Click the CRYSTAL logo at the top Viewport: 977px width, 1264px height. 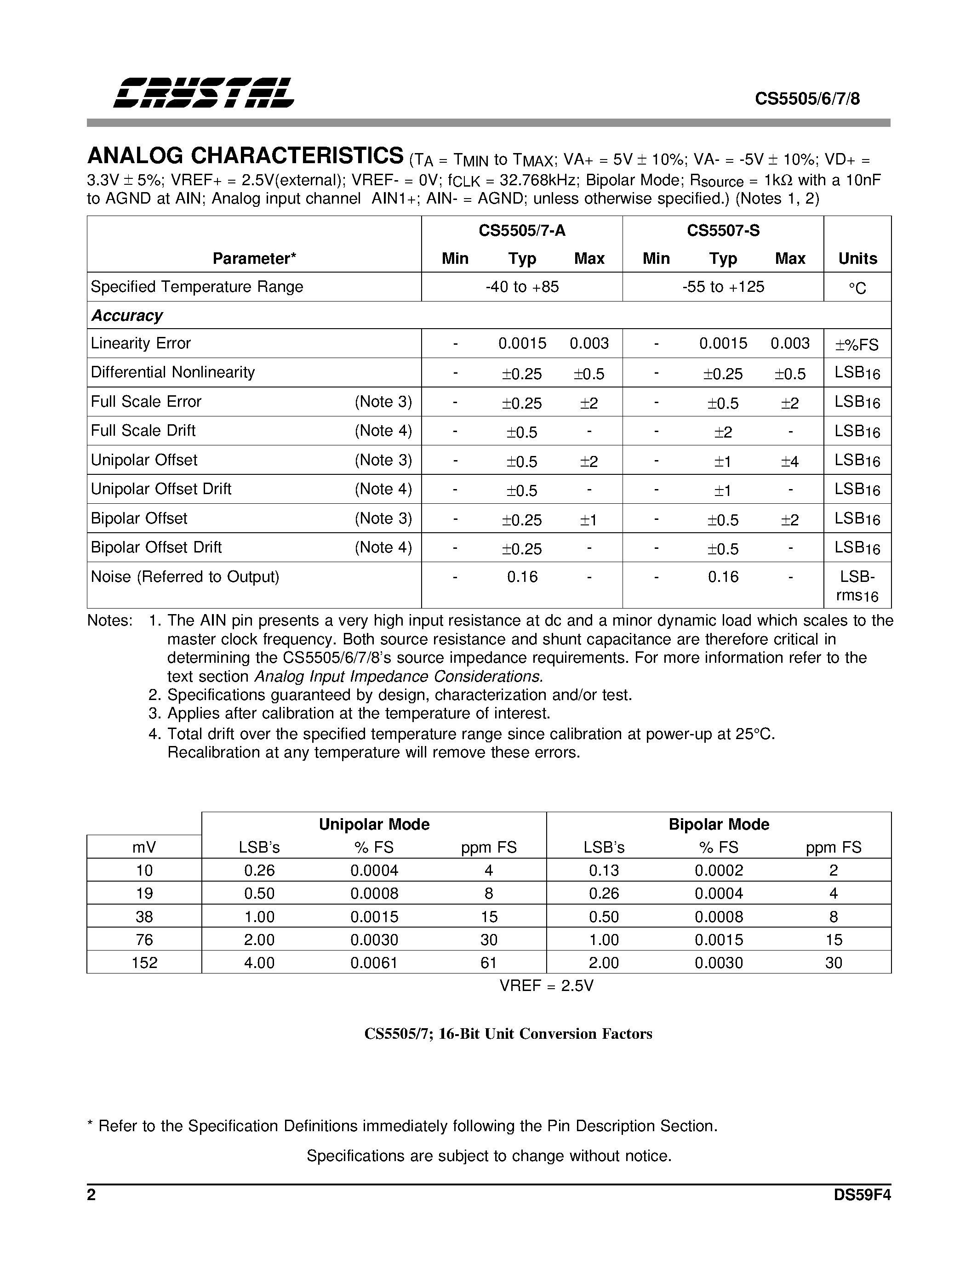pyautogui.click(x=204, y=92)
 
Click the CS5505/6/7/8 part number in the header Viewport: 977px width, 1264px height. pyautogui.click(x=807, y=99)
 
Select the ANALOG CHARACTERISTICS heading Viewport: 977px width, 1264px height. pyautogui.click(x=246, y=156)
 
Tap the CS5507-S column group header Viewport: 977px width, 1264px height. pyautogui.click(x=723, y=230)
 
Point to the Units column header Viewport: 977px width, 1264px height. pyautogui.click(x=857, y=258)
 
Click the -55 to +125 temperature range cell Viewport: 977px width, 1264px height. pyautogui.click(x=723, y=286)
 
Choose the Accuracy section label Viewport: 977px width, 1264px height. pyautogui.click(x=127, y=315)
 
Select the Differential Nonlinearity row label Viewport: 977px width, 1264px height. pyautogui.click(x=172, y=372)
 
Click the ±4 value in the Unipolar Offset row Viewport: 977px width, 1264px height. pyautogui.click(x=789, y=461)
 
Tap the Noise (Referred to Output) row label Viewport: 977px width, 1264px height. pyautogui.click(x=185, y=576)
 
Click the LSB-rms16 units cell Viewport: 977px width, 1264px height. pyautogui.click(x=857, y=585)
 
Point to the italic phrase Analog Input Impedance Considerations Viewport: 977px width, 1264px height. pyautogui.click(x=399, y=676)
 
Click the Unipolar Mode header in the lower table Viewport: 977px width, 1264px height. pyautogui.click(x=374, y=824)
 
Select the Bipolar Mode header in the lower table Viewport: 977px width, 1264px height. pyautogui.click(x=719, y=824)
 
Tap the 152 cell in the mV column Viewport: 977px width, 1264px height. pyautogui.click(x=144, y=962)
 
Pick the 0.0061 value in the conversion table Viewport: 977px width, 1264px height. pyautogui.click(x=374, y=962)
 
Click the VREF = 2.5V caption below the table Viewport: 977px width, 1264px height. pyautogui.click(x=546, y=985)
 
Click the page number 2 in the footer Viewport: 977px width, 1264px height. pyautogui.click(x=91, y=1195)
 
